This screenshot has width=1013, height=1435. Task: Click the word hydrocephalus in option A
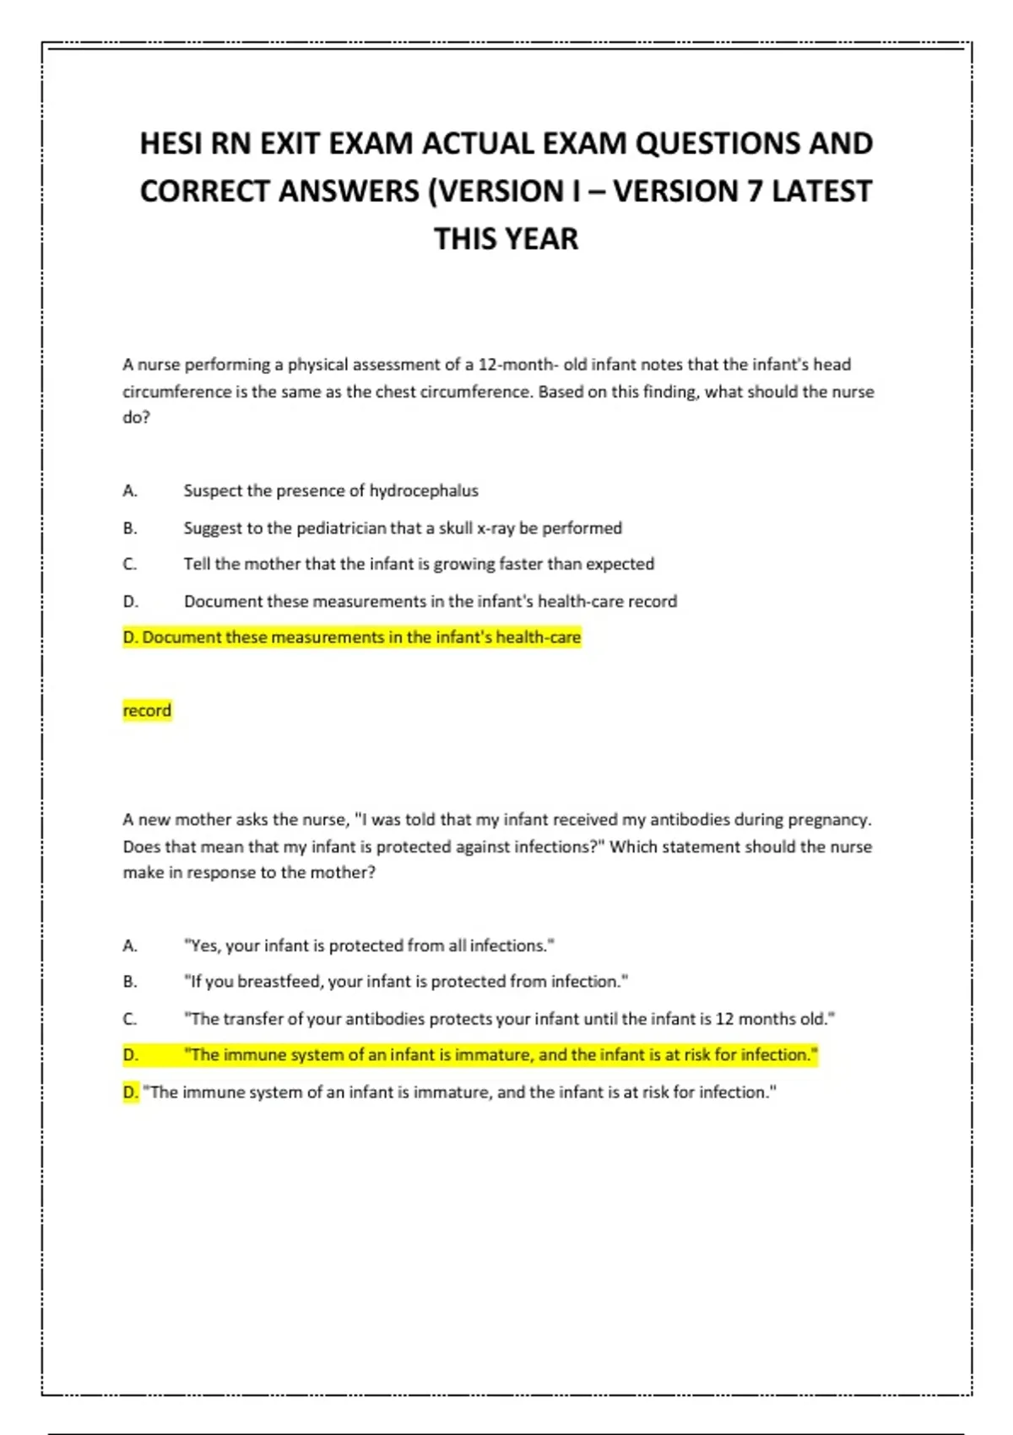424,490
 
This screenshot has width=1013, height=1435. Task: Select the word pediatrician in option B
340,528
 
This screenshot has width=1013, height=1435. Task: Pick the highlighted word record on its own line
147,711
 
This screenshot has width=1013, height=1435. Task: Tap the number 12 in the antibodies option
724,1019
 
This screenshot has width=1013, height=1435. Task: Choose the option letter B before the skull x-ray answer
129,528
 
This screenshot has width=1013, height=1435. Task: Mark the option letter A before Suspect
129,490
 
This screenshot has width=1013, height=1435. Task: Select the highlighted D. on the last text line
131,1092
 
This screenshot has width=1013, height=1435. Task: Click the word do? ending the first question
136,418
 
